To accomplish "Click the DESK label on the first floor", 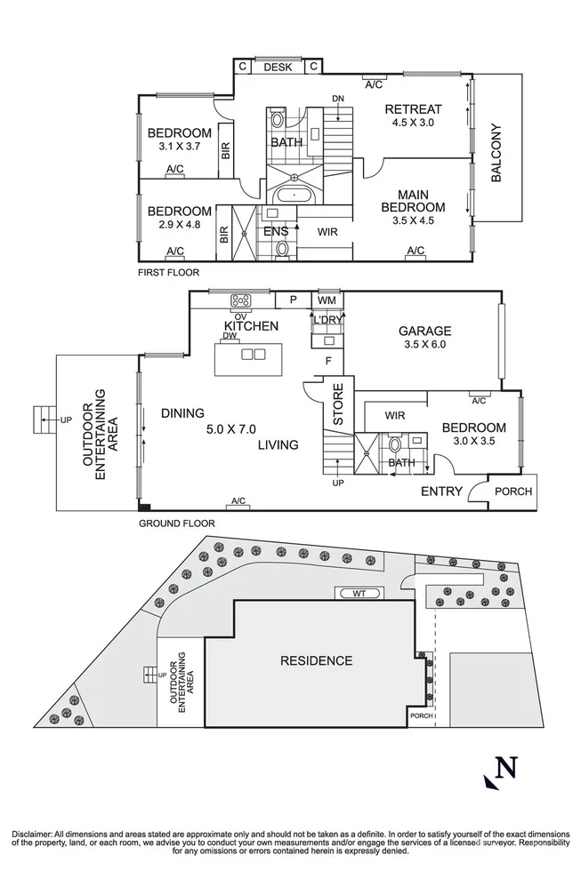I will pos(278,67).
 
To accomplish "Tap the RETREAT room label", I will pos(413,109).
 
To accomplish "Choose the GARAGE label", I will pos(424,331).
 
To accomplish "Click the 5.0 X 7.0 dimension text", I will pos(235,429).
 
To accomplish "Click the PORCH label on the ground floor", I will pos(513,491).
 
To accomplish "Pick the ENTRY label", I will pos(440,491).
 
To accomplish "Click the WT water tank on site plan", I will pos(357,593).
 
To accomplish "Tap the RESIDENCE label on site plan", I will pos(316,660).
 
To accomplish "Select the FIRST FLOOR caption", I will pos(168,273).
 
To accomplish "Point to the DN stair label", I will pos(338,98).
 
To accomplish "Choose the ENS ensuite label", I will pos(276,231).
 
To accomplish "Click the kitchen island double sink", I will pos(254,354).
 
